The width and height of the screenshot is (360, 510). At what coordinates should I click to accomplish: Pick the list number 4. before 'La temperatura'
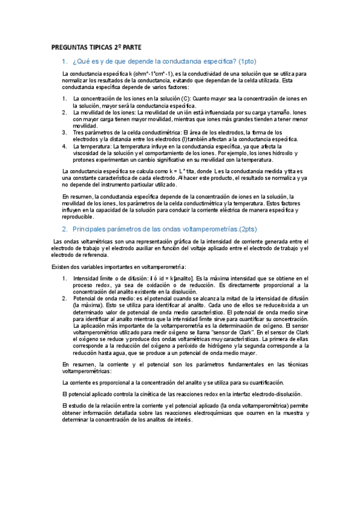[x=65, y=145]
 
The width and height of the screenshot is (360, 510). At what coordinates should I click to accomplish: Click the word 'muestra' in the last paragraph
[x=287, y=414]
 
